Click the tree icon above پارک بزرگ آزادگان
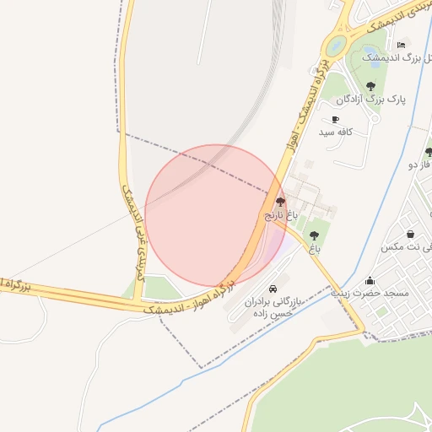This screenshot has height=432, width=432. (370, 85)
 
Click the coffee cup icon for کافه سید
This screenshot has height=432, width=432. (336, 120)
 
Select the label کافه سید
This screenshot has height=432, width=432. (335, 132)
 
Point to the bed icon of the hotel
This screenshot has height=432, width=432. (401, 45)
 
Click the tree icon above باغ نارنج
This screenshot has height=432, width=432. (280, 202)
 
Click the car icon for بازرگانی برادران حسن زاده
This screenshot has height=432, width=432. (272, 288)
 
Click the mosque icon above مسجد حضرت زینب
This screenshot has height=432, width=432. (370, 281)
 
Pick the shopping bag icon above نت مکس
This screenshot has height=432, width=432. (410, 234)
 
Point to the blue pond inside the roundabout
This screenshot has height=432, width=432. (337, 45)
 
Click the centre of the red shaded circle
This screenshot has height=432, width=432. (216, 215)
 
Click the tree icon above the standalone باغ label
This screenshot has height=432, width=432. (315, 235)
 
